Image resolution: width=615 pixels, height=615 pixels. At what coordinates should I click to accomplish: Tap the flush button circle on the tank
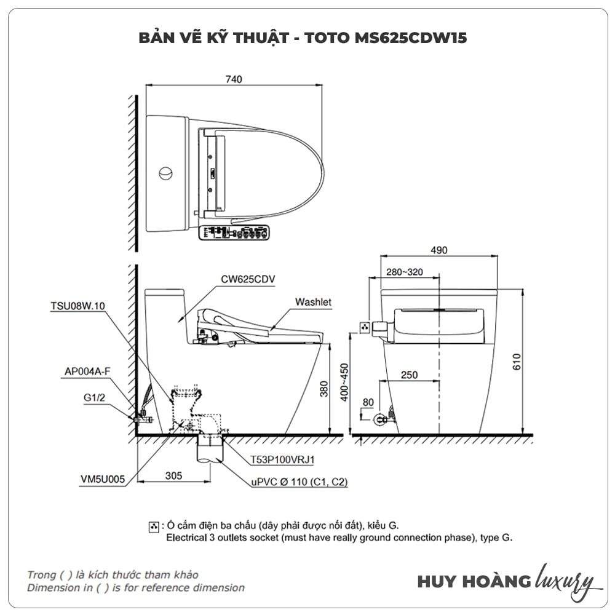tap(165, 173)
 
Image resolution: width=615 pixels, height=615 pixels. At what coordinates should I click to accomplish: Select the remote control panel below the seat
tap(236, 233)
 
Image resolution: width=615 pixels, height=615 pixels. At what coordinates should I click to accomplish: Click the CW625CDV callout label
tap(248, 279)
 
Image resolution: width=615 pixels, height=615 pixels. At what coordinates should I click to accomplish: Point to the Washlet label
tap(313, 302)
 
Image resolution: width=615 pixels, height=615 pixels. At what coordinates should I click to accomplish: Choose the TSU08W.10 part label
tap(79, 305)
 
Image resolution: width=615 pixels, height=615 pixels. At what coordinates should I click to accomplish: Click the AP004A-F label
tap(87, 371)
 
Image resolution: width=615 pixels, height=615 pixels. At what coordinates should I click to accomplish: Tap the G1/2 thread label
tap(95, 397)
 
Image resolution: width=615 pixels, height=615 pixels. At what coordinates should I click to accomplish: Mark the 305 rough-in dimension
tap(174, 475)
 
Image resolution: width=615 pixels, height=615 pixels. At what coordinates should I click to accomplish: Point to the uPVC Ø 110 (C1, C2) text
tap(299, 482)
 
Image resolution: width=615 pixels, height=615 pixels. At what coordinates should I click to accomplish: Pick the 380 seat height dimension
tap(324, 389)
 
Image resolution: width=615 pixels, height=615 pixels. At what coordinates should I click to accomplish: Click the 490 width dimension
tap(439, 250)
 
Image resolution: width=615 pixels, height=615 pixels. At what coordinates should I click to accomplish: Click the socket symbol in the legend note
tap(153, 526)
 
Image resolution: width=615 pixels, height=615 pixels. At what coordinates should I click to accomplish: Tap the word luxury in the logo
tap(565, 581)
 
